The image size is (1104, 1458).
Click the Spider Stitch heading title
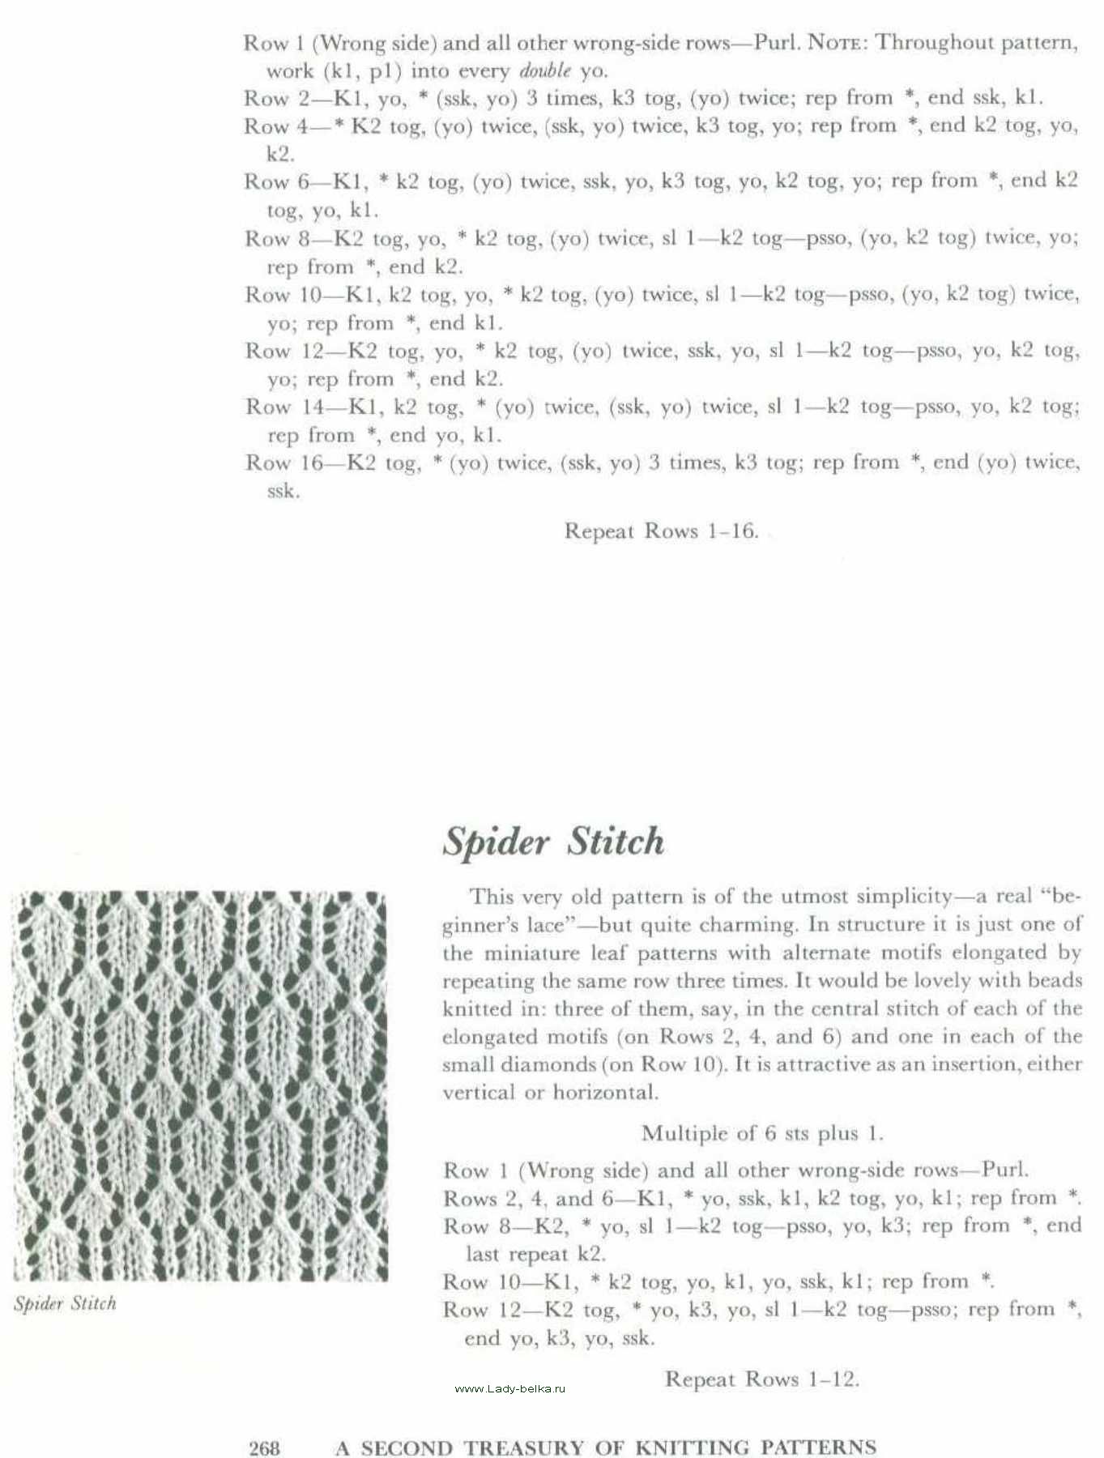pos(553,842)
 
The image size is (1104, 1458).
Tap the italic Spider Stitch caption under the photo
pos(65,1303)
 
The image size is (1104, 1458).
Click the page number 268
pos(264,1447)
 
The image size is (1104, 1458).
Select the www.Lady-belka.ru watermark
pos(510,1388)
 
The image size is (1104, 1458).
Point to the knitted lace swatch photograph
pos(199,1085)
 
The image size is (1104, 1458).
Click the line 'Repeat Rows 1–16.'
pos(661,531)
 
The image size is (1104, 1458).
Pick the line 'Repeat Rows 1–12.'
pos(761,1379)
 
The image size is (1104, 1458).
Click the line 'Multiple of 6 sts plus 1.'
pos(761,1132)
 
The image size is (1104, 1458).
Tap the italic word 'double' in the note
pos(545,70)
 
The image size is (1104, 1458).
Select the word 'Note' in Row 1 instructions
pos(833,42)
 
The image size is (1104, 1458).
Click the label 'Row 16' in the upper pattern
pos(283,463)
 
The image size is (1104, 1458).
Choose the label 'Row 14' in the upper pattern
pos(284,407)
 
